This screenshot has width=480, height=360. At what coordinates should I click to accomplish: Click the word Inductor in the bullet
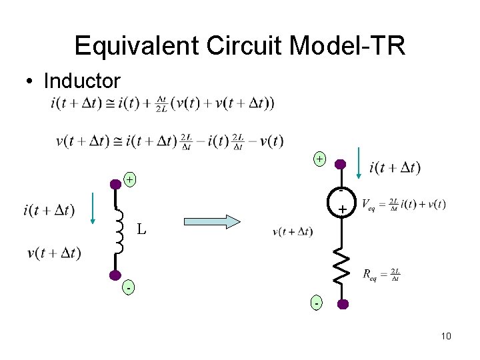[81, 81]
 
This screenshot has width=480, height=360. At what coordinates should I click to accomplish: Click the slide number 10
[446, 336]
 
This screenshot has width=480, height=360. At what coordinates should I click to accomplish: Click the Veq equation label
[403, 204]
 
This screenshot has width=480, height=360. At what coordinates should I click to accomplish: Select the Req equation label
[381, 274]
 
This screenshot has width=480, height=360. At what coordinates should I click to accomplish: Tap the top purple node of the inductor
[115, 183]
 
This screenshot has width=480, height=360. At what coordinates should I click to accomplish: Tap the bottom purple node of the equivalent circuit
[342, 304]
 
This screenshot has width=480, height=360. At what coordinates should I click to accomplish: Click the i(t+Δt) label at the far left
[49, 211]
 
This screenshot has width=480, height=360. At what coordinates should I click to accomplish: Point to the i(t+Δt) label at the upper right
[395, 167]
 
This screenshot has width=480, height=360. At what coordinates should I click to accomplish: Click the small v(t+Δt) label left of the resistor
[293, 232]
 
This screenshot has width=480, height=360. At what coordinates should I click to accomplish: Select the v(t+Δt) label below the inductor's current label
[54, 253]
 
